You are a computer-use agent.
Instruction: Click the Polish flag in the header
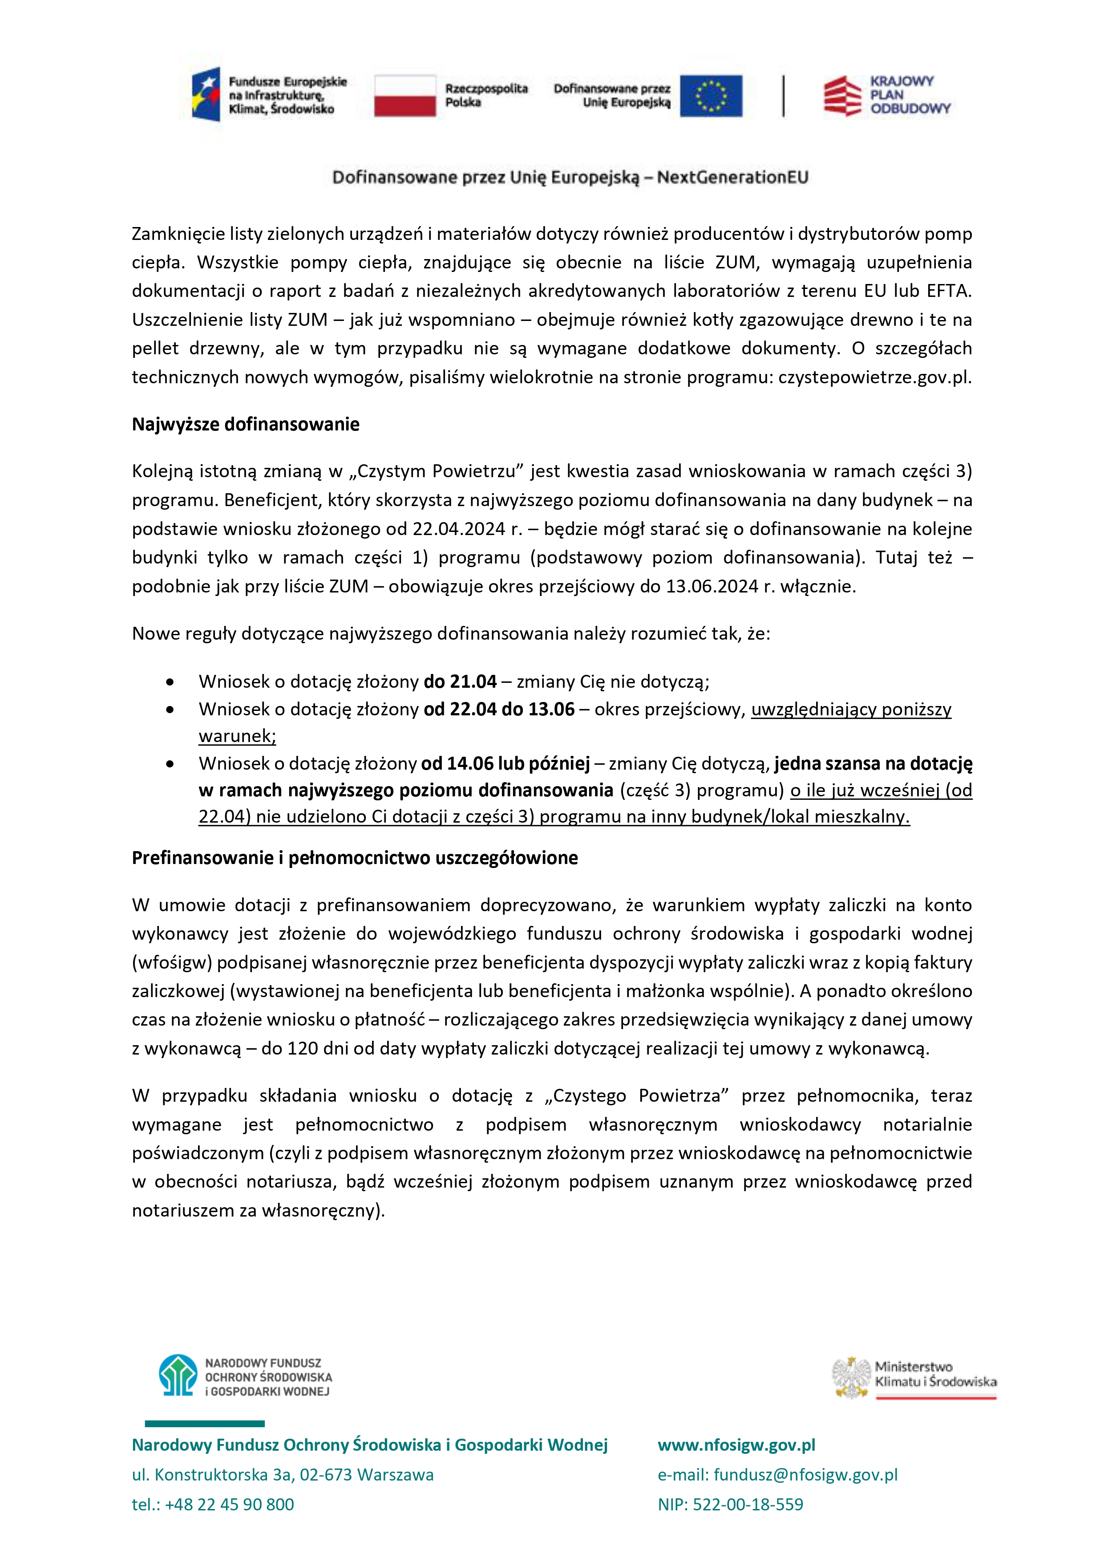click(405, 95)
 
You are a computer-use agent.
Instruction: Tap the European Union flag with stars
click(711, 96)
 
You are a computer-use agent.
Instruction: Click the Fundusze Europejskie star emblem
click(206, 94)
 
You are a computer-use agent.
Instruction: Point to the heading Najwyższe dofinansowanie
click(246, 425)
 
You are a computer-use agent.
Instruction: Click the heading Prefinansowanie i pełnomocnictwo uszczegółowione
click(354, 858)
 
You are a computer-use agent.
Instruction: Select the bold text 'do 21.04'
click(460, 682)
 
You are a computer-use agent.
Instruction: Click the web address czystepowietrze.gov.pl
click(875, 377)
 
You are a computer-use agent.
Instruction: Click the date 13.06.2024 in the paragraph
click(712, 586)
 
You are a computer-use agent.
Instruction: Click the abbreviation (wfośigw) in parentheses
click(172, 963)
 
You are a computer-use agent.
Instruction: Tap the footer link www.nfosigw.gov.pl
click(736, 1444)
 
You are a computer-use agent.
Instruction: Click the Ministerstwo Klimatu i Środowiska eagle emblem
click(851, 1378)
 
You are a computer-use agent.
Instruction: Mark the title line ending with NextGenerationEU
click(570, 178)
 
